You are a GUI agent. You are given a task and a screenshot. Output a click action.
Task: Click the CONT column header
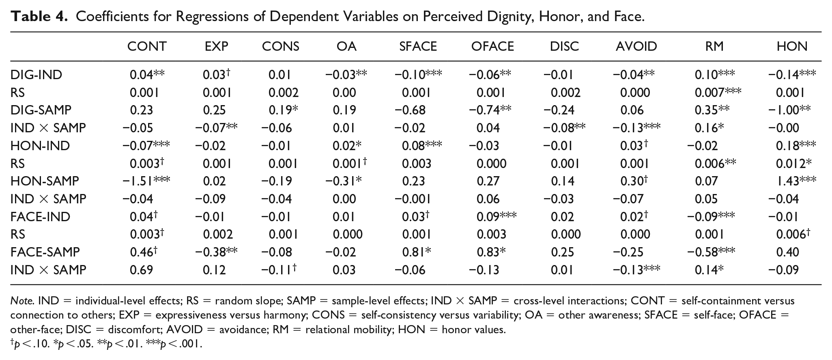(x=147, y=46)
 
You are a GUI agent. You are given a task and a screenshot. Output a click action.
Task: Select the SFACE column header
(x=418, y=46)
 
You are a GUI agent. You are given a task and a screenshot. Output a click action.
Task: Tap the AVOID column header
(x=636, y=46)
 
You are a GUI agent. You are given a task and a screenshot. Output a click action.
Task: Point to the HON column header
(x=792, y=46)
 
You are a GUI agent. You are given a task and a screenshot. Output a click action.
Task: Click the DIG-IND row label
(x=36, y=75)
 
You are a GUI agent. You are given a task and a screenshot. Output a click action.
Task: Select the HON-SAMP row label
(x=45, y=181)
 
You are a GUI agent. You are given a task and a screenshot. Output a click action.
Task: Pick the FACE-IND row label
(x=40, y=217)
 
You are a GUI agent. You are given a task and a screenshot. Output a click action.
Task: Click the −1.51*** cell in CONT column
(x=146, y=181)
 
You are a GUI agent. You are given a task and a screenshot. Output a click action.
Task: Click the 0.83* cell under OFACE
(x=491, y=252)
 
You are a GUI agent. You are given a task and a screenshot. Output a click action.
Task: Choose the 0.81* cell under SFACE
(x=417, y=252)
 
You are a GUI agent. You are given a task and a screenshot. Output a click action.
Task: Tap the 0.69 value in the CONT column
(x=141, y=270)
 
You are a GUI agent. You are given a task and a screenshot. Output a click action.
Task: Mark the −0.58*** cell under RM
(x=711, y=252)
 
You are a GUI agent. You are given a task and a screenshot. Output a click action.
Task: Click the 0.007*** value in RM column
(x=718, y=93)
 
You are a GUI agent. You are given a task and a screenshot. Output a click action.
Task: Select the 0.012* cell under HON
(x=794, y=164)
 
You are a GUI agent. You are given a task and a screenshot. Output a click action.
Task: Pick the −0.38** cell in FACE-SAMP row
(x=216, y=252)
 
